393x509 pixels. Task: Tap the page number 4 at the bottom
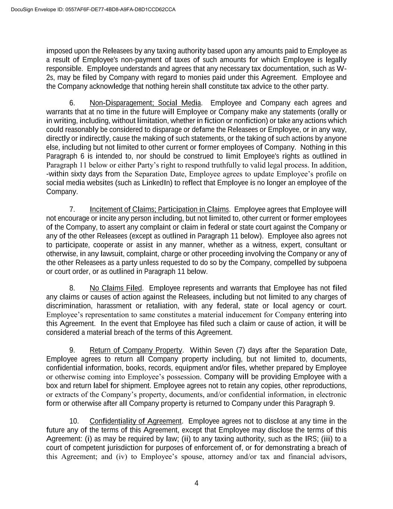click(x=196, y=483)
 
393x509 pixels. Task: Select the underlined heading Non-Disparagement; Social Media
click(x=145, y=103)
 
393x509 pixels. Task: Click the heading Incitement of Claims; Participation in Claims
click(x=159, y=210)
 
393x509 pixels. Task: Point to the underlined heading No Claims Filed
click(x=116, y=288)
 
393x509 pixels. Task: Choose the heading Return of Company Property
click(x=136, y=350)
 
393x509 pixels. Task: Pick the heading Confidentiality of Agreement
click(x=135, y=421)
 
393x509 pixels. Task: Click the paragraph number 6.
click(x=73, y=103)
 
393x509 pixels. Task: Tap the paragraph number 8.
click(x=73, y=288)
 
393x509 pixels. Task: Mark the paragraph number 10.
click(x=74, y=421)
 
